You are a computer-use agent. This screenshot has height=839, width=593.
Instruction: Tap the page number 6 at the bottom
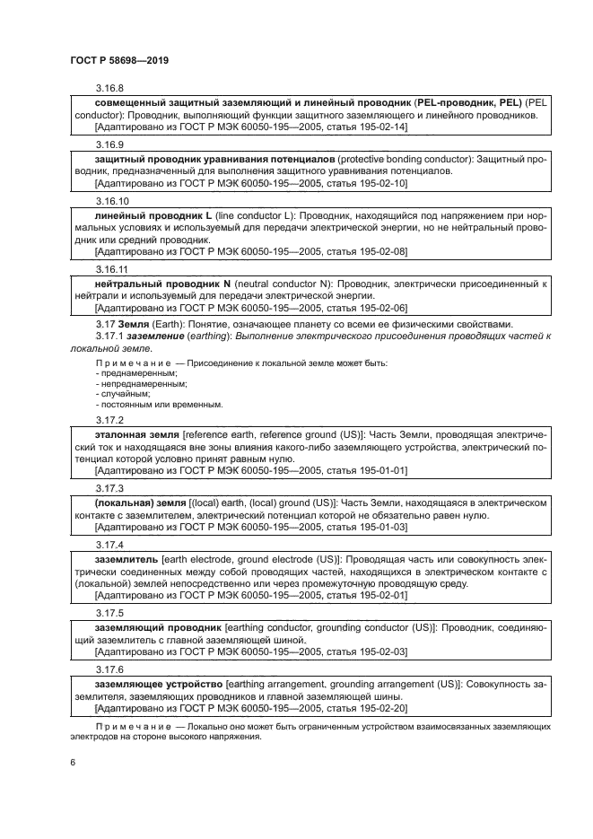[73, 762]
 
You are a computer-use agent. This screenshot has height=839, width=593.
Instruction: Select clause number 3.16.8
[109, 88]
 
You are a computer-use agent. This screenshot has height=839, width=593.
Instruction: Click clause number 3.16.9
[109, 144]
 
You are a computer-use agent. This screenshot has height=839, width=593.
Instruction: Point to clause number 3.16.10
[112, 201]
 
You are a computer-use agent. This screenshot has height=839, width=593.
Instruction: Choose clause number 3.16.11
[111, 268]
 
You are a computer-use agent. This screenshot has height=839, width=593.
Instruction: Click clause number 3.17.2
[109, 419]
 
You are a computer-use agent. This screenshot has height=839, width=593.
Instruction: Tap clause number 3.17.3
[109, 487]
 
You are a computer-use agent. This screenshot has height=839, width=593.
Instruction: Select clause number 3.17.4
[109, 545]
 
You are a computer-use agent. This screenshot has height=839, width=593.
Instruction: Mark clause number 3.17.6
[109, 669]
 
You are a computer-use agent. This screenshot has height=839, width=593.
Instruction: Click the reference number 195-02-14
[385, 127]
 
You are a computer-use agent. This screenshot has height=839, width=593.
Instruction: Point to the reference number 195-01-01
[385, 469]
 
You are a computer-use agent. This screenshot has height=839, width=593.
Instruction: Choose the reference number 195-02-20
[385, 709]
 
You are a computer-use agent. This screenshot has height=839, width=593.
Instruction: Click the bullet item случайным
[124, 393]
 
